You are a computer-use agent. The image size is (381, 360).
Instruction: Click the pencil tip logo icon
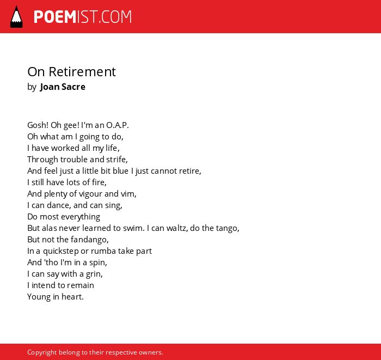tap(16, 16)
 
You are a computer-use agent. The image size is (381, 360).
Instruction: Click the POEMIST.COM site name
tap(83, 17)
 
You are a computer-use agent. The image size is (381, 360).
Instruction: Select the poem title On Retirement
tap(72, 72)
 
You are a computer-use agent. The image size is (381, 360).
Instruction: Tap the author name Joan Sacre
tap(63, 87)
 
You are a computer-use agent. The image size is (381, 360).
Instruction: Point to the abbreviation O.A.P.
tap(118, 125)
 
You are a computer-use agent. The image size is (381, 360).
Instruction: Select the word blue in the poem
tap(120, 171)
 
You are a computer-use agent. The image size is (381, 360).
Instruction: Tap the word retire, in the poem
tap(190, 171)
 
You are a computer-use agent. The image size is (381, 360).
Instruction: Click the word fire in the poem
tap(99, 182)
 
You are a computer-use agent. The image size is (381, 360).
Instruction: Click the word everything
tap(82, 217)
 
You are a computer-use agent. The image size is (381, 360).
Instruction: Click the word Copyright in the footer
tap(42, 352)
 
